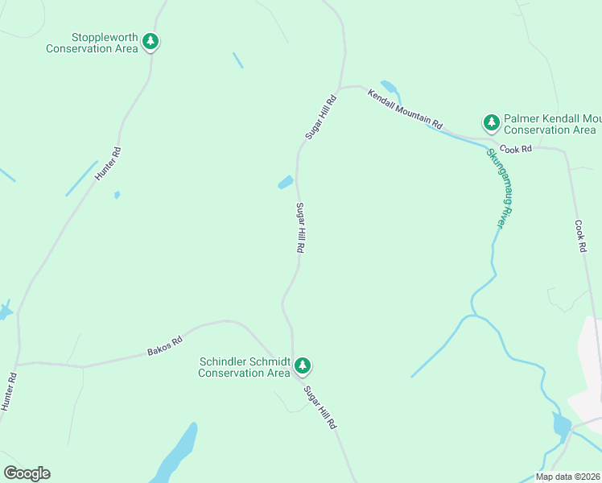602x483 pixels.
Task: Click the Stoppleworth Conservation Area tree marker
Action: tap(150, 41)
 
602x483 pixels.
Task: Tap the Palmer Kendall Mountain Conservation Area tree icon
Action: tap(491, 122)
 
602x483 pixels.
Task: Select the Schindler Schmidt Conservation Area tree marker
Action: tap(303, 365)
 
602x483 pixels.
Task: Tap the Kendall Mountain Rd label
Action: tap(406, 109)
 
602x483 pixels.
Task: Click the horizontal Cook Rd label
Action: tap(516, 149)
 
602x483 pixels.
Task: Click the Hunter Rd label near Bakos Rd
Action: tap(9, 393)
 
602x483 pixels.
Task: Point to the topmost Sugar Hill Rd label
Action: tap(320, 118)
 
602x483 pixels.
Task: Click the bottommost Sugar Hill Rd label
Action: tap(320, 407)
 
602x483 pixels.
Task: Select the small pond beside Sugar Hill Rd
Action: tap(286, 183)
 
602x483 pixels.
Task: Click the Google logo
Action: tap(27, 473)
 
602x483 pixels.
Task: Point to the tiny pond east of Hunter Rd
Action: tap(117, 194)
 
